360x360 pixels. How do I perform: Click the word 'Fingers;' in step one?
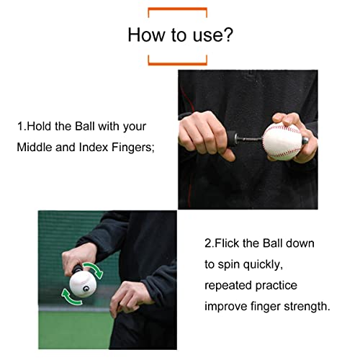(135, 149)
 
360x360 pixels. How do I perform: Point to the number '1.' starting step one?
(21, 126)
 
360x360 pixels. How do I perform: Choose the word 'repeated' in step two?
(226, 285)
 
